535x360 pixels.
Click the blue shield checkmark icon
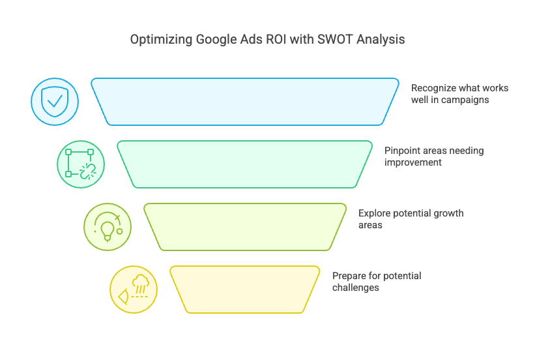55,102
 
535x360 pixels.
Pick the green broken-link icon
81,164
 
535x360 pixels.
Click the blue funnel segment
245,102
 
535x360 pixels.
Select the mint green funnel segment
244,164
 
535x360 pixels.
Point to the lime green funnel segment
245,227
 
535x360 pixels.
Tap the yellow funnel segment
245,290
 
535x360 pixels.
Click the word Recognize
433,89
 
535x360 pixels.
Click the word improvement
413,162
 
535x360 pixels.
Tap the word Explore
374,213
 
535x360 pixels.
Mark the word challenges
356,288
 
